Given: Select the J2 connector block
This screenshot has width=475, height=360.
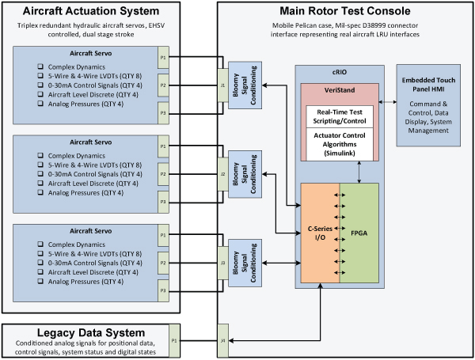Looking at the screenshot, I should pyautogui.click(x=222, y=172).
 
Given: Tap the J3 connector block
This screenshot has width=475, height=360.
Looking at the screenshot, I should pyautogui.click(x=222, y=263).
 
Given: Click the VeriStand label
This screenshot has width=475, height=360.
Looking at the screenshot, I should pyautogui.click(x=339, y=92).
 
